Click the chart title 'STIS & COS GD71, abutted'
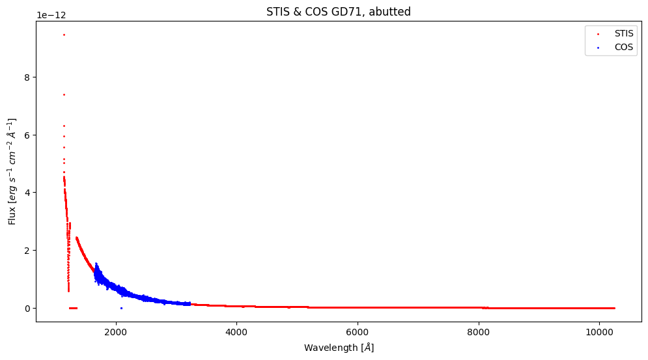pos(338,12)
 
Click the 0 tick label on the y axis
pos(27,308)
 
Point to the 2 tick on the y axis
pos(27,250)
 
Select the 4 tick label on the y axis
pos(27,193)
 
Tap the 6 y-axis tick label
pos(27,135)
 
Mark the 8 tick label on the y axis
pos(27,77)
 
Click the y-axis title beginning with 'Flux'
pos(12,172)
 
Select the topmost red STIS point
pos(64,35)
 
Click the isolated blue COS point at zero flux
pos(121,308)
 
